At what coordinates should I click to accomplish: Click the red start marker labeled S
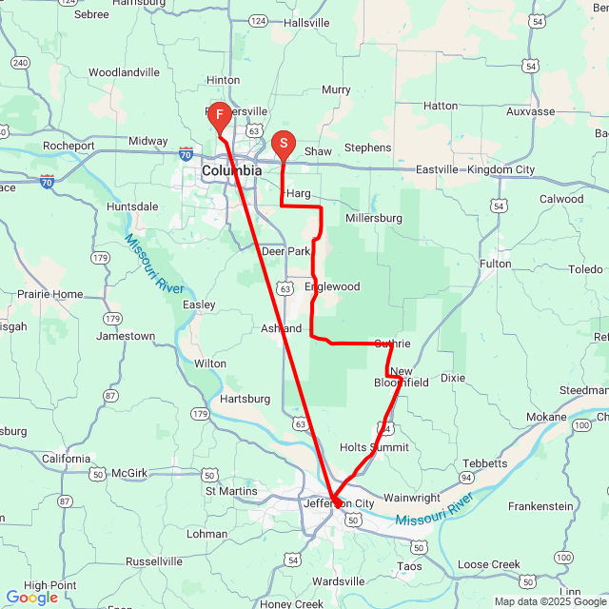pos(283,145)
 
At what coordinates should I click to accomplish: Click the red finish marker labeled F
pos(219,117)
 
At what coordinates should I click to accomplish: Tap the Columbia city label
pos(231,170)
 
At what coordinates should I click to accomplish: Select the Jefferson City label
pos(339,503)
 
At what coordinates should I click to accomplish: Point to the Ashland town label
pos(281,328)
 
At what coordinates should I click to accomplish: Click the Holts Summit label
pos(374,447)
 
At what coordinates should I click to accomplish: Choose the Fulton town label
pos(495,264)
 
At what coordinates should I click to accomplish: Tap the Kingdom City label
pos(501,169)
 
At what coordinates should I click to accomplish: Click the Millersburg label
pos(374,218)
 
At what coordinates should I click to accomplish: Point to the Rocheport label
pos(69,147)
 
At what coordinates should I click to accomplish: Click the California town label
pos(66,458)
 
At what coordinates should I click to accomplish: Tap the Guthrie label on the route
pos(392,344)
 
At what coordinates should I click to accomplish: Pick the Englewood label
pos(332,286)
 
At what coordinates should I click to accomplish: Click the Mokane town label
pos(545,417)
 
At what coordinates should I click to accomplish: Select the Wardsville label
pos(338,580)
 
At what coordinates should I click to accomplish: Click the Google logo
pos(31,598)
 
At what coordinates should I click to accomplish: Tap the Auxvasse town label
pos(531,111)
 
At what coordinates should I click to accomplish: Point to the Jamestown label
pos(125,336)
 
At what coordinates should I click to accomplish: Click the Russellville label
pos(153,561)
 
